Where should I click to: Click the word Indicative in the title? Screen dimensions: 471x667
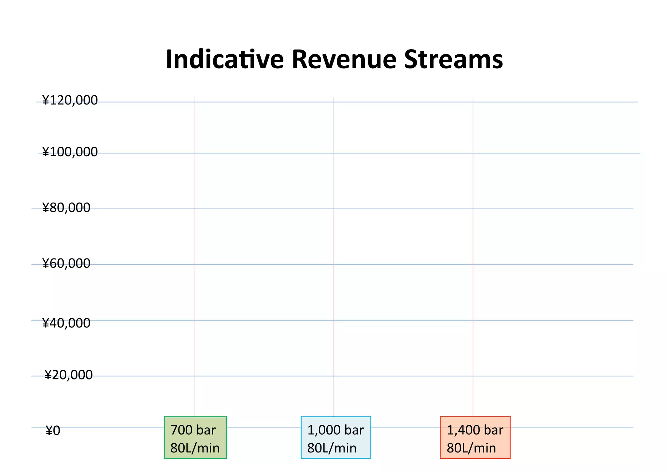click(224, 60)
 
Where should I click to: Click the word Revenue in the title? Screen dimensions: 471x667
click(344, 60)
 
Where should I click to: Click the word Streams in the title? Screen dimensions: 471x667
click(453, 60)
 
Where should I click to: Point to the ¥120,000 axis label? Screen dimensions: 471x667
click(70, 100)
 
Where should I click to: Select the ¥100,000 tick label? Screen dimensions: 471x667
click(70, 152)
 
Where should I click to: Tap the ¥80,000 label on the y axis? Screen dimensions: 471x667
click(66, 208)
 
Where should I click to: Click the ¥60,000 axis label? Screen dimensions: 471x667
click(66, 263)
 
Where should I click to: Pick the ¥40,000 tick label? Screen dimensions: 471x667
click(66, 323)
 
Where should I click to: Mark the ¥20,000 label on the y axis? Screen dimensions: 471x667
click(68, 375)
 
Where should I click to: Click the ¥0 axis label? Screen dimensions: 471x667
click(53, 431)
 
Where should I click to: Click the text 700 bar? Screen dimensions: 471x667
click(193, 430)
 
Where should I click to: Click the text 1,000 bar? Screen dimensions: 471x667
click(335, 430)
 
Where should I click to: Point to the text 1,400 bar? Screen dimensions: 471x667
click(475, 430)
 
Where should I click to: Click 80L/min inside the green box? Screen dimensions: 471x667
click(195, 448)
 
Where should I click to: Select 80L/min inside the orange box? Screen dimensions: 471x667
click(471, 448)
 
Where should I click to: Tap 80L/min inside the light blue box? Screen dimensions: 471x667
click(332, 448)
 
